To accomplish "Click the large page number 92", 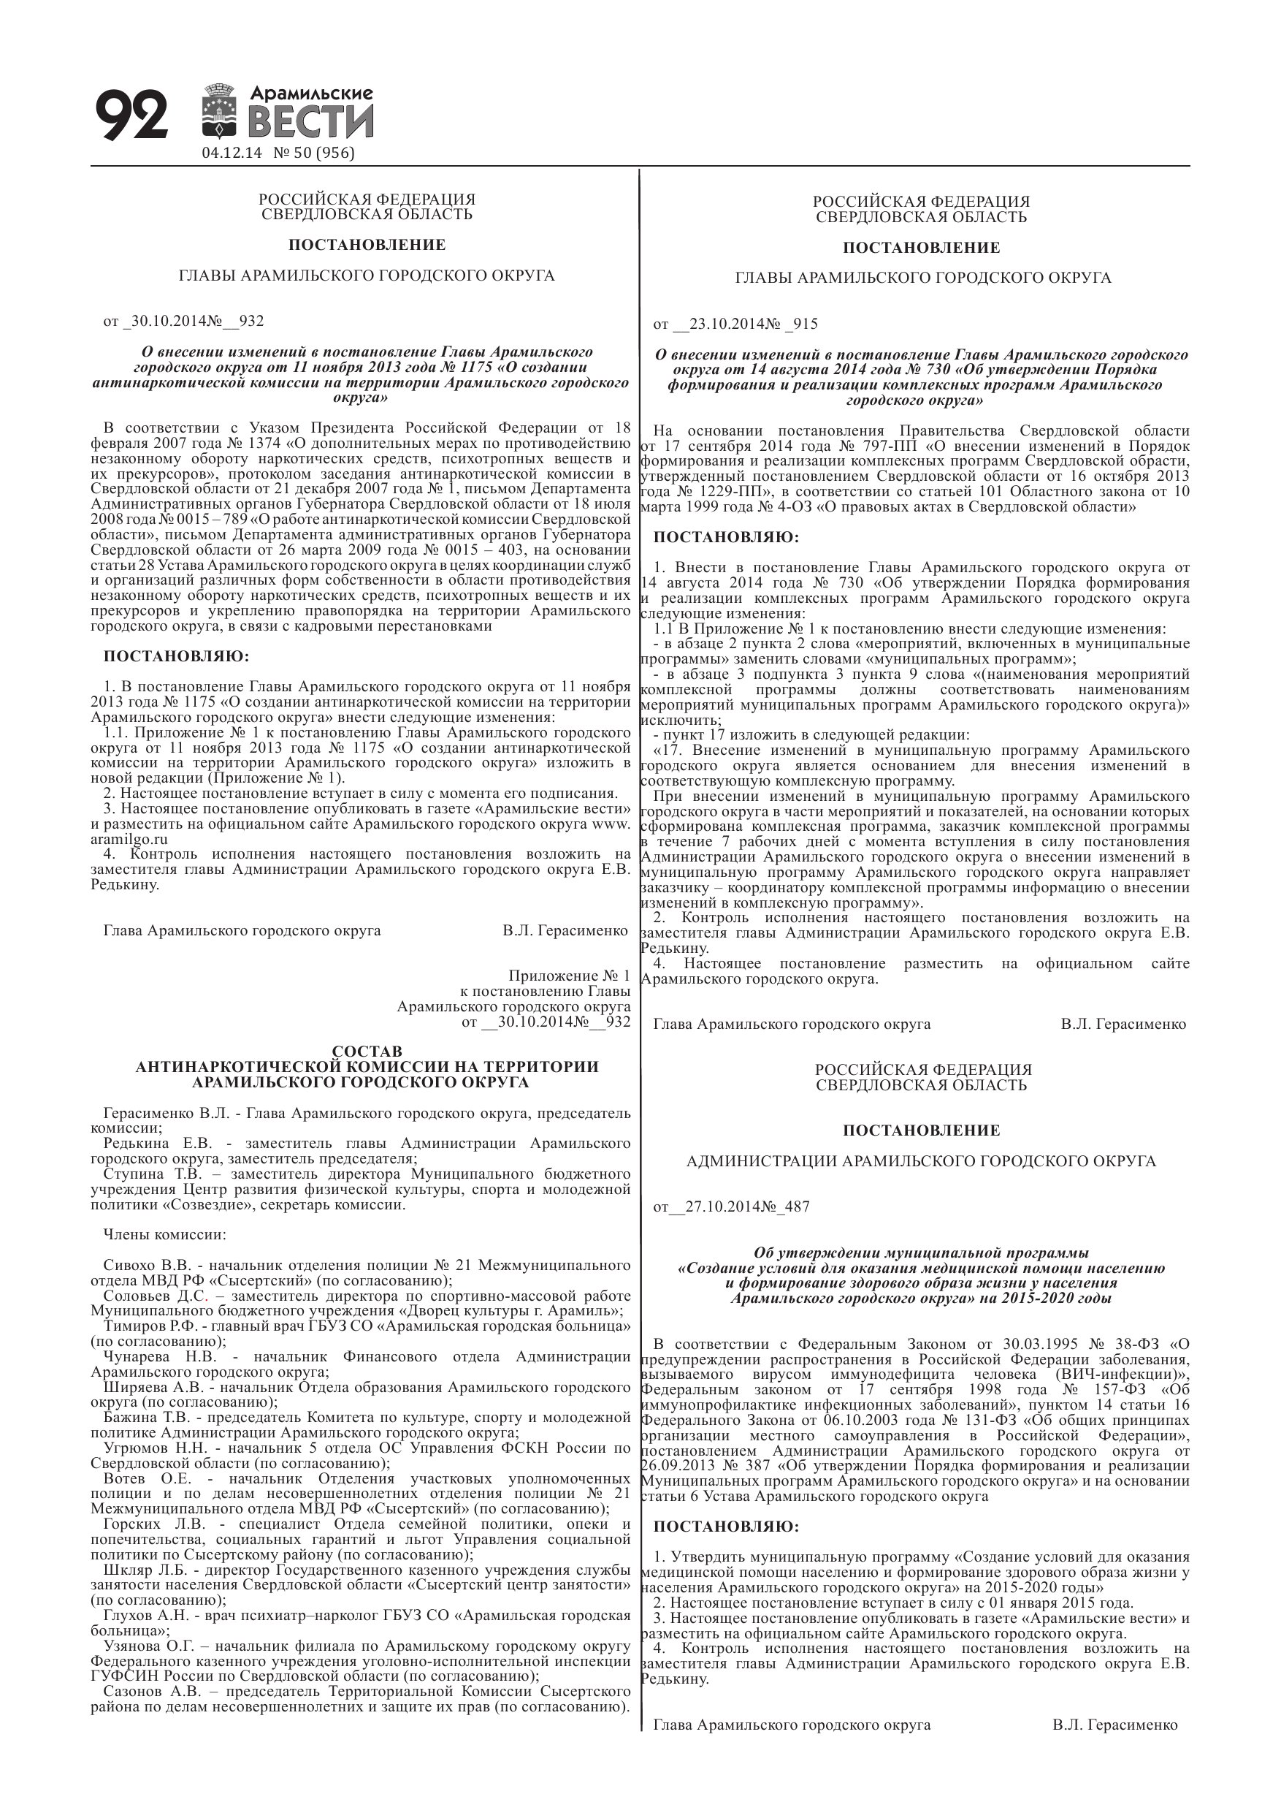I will (131, 115).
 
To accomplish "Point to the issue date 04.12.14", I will (232, 153).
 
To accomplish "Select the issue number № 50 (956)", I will (313, 153).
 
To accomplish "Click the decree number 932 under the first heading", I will (251, 322).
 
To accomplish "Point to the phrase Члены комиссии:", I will (164, 1235).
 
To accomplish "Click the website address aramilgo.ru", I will (129, 840).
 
